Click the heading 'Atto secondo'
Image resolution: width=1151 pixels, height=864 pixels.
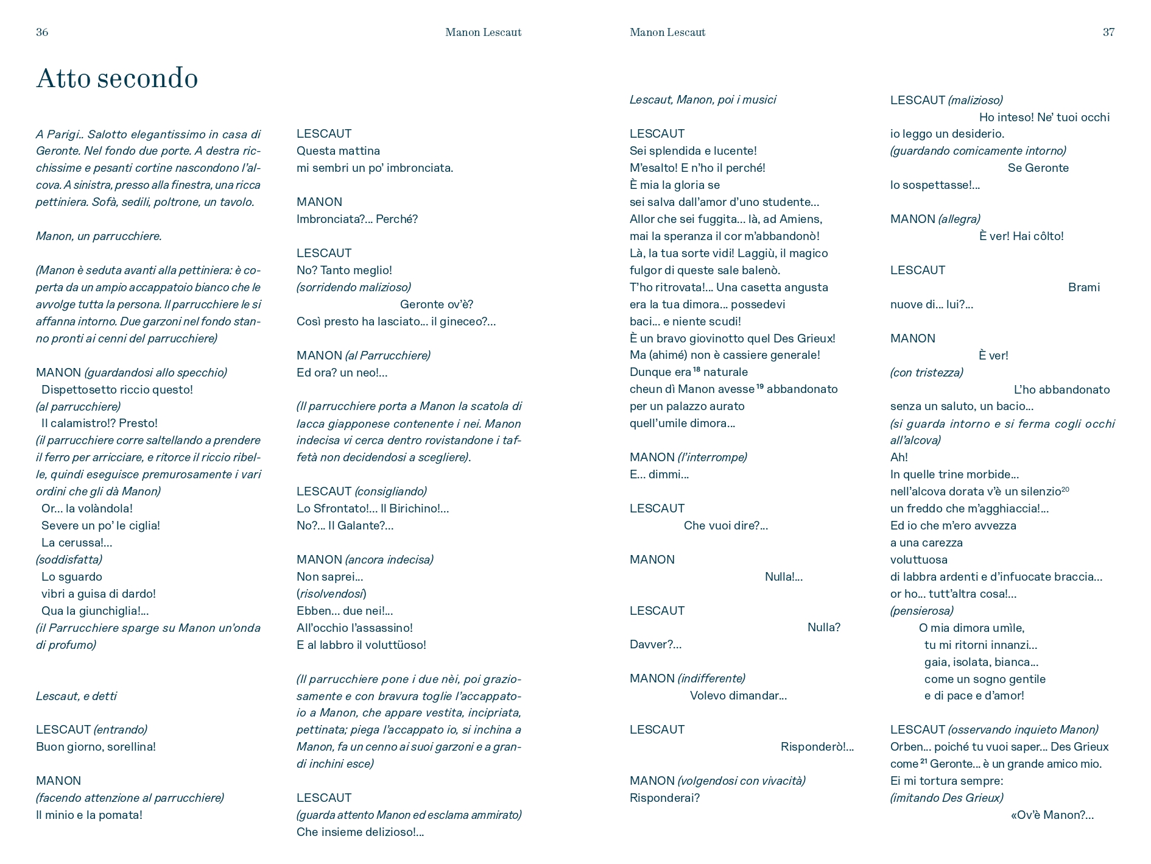click(117, 79)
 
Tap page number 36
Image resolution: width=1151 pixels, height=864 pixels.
click(42, 32)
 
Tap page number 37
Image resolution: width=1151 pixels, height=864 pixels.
click(1108, 32)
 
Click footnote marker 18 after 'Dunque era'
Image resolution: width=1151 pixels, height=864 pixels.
click(697, 369)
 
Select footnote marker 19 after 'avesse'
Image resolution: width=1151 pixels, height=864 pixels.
click(760, 386)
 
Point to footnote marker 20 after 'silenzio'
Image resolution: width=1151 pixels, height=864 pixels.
click(1065, 489)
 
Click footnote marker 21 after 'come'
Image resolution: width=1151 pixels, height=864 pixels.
click(924, 761)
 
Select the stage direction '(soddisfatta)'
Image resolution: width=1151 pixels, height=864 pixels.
click(69, 559)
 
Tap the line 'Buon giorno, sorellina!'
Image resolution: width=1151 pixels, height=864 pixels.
click(96, 746)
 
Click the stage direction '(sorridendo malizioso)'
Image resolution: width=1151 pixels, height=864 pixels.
click(353, 287)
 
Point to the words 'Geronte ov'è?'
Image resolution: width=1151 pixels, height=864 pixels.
click(436, 304)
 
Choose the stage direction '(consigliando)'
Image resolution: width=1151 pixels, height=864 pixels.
click(390, 491)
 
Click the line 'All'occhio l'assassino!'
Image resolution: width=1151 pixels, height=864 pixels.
click(354, 628)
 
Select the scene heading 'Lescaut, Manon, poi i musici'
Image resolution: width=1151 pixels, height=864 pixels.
click(702, 99)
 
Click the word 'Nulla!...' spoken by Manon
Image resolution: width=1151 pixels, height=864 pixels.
click(783, 576)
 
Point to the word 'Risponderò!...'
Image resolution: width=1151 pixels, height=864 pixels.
click(817, 746)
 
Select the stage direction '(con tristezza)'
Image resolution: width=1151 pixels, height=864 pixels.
click(926, 372)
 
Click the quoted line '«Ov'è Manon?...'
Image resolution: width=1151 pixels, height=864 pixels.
click(1052, 815)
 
